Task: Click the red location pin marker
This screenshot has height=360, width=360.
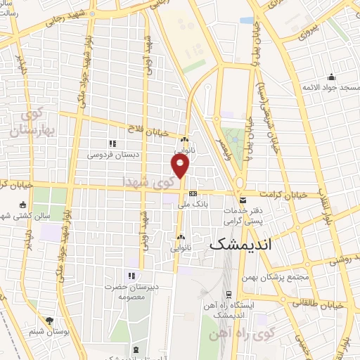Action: tap(181, 166)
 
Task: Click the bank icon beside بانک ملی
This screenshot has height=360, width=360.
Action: tap(193, 194)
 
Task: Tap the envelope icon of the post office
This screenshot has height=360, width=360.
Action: tap(243, 200)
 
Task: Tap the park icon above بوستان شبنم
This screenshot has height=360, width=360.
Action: tap(49, 320)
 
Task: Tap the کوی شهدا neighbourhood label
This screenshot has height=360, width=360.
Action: tap(145, 181)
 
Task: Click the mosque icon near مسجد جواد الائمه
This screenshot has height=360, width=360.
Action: tap(330, 77)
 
